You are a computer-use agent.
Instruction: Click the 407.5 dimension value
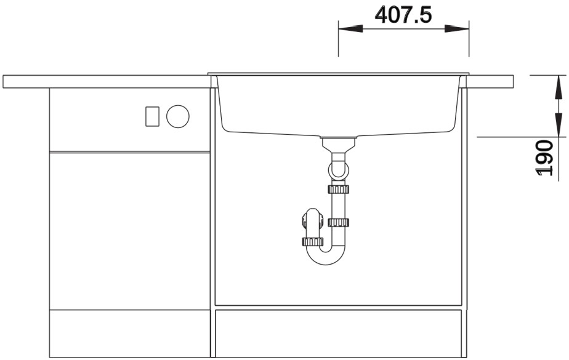[403, 15]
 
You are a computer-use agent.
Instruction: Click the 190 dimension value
[544, 158]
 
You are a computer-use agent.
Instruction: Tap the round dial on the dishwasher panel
[178, 116]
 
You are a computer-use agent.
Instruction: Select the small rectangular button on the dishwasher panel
[153, 116]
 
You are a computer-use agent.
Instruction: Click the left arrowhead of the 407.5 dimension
[350, 28]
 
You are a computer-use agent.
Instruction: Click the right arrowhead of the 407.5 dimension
[457, 28]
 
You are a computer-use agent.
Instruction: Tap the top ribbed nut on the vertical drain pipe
[338, 189]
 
